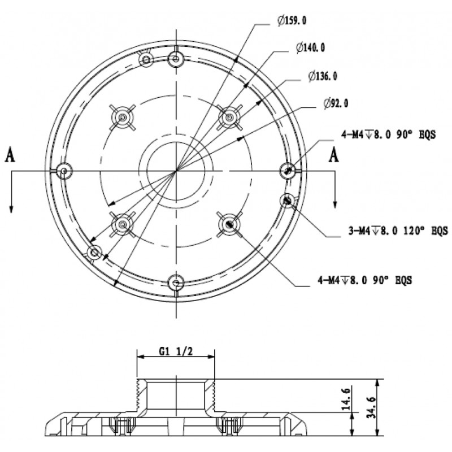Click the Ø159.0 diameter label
(292, 21)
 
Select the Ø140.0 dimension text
(310, 47)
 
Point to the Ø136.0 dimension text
(323, 76)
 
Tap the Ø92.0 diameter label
(336, 103)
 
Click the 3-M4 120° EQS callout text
(398, 231)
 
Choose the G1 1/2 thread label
(176, 351)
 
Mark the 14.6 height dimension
(346, 399)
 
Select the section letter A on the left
(10, 155)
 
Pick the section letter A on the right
(334, 155)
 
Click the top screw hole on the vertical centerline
(176, 59)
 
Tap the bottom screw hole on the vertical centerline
(176, 283)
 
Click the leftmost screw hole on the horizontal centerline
(64, 171)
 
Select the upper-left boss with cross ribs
(123, 118)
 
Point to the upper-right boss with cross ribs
(229, 118)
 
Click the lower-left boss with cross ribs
(123, 224)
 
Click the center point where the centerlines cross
(176, 171)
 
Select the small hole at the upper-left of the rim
(146, 60)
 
